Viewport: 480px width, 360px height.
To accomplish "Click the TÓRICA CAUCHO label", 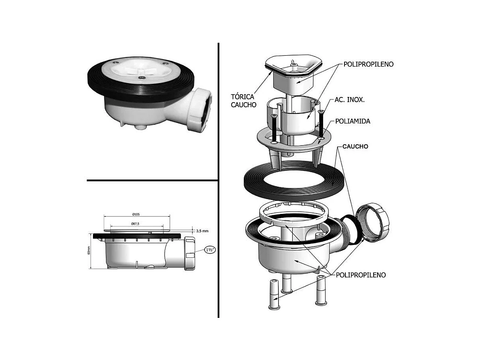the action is (x=243, y=101).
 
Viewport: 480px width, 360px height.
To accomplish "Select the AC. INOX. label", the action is (x=349, y=100).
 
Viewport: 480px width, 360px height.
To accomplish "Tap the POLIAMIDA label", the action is (x=353, y=121).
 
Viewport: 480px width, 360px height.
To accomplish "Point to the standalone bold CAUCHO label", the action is (x=355, y=147).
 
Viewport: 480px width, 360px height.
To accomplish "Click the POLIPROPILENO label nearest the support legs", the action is (x=361, y=275).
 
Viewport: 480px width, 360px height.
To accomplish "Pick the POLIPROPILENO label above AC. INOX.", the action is (x=368, y=64).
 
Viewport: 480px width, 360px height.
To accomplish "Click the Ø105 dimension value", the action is (x=136, y=214).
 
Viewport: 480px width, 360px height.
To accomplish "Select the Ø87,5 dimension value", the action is (x=135, y=223).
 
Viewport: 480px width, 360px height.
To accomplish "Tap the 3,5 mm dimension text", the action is (x=202, y=231).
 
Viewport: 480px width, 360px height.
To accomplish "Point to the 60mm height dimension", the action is (x=89, y=250).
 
